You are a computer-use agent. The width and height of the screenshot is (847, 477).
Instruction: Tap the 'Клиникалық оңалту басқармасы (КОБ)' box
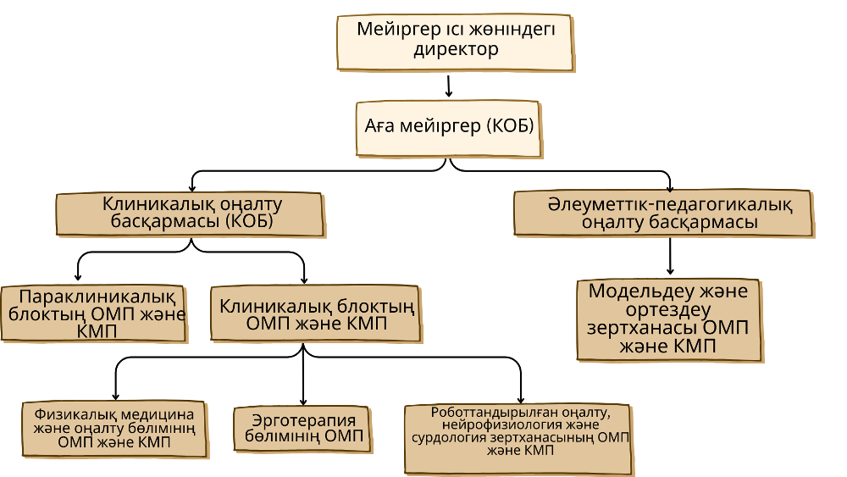point(190,214)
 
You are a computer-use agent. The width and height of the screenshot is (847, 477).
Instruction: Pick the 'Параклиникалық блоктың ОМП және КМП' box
point(94,313)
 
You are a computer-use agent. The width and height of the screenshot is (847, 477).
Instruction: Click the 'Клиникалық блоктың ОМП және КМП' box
point(314,314)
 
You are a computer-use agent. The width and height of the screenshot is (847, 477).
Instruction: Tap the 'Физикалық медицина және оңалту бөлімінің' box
point(114,429)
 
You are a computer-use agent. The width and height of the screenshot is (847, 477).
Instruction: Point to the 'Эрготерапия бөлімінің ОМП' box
point(302,428)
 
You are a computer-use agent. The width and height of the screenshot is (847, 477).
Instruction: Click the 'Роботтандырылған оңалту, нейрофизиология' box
point(518,437)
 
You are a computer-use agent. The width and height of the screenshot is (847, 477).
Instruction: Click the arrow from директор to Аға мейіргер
point(449,86)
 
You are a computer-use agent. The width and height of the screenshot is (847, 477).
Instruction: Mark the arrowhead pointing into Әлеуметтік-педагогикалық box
point(670,187)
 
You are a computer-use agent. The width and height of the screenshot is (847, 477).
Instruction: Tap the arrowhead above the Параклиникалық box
point(79,277)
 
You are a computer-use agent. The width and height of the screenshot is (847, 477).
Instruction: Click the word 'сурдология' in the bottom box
point(449,439)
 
